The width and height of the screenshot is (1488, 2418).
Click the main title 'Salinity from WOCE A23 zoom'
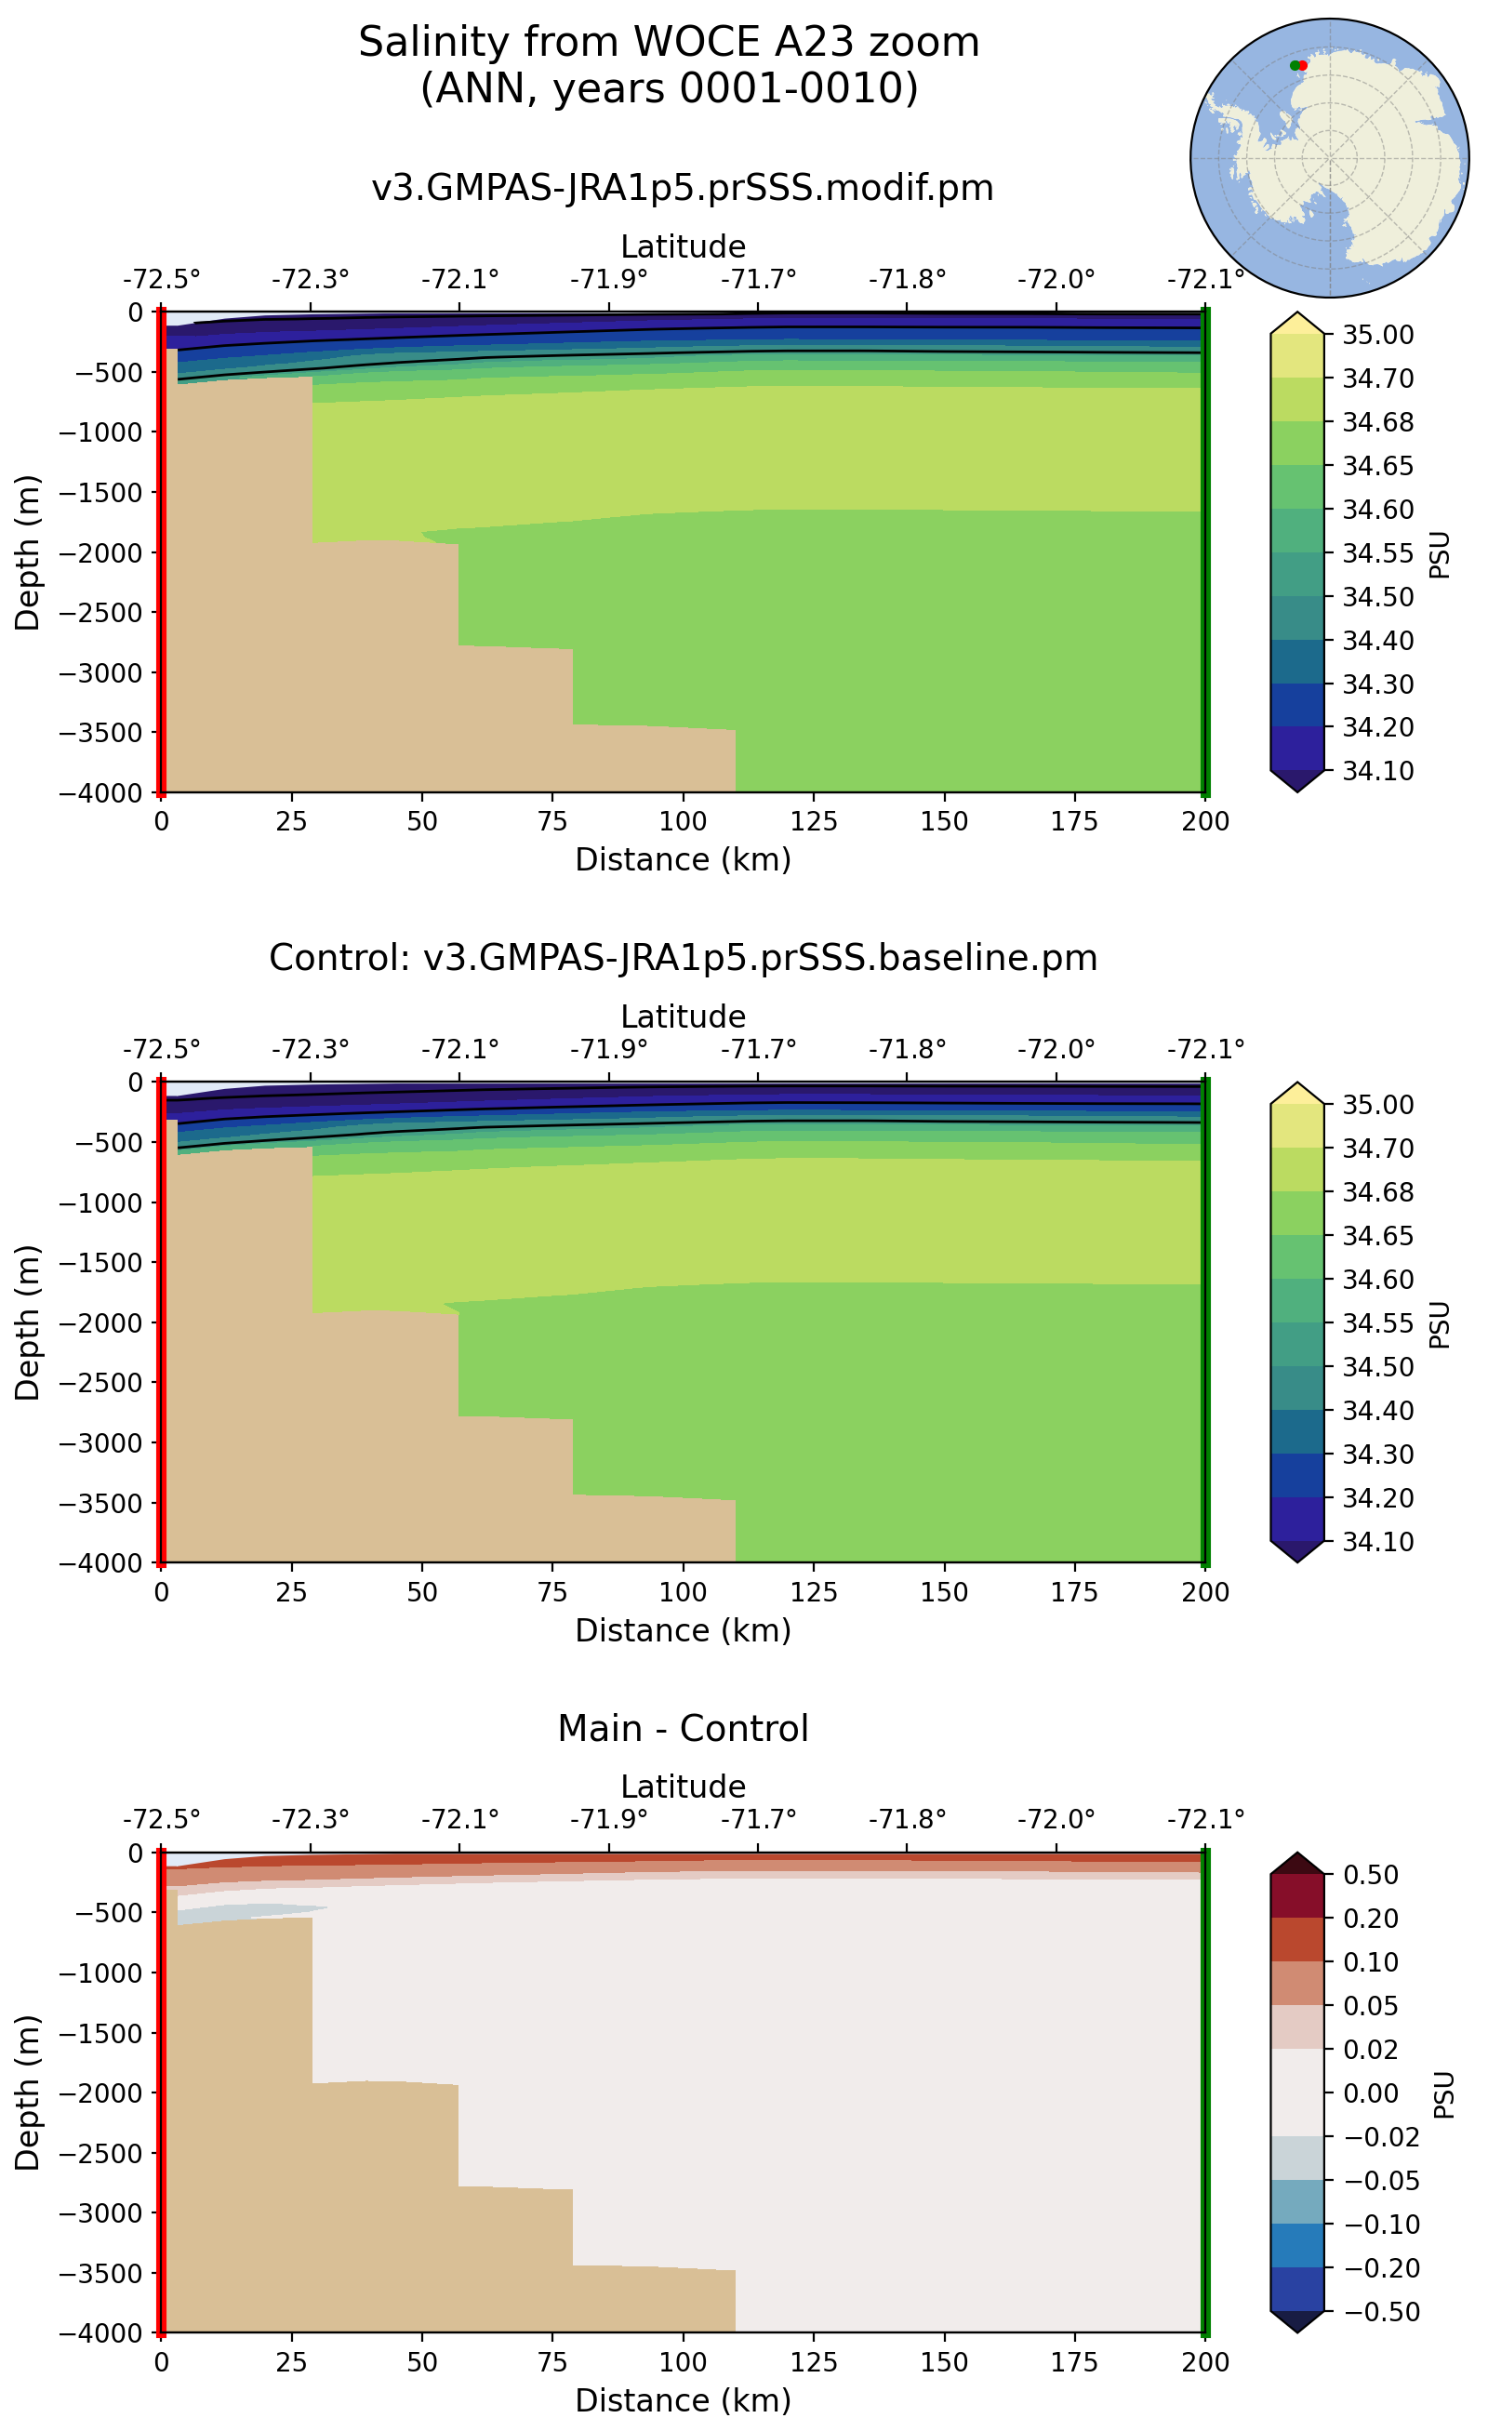point(669,44)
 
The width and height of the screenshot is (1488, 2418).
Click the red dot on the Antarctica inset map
point(1303,65)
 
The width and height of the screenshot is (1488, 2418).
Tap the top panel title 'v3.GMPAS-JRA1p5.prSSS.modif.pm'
point(682,188)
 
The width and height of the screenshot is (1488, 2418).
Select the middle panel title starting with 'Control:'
point(682,958)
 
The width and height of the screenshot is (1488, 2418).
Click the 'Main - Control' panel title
point(682,1729)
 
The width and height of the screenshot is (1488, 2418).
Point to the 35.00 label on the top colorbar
point(1377,335)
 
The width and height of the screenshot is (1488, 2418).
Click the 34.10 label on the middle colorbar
point(1377,1541)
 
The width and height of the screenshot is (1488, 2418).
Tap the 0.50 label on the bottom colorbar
point(1371,1875)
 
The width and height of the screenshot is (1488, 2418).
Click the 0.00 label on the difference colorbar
point(1371,2093)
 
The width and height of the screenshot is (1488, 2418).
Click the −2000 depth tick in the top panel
point(100,552)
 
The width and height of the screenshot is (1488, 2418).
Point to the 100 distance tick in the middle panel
point(683,1592)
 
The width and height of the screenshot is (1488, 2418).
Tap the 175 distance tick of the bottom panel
point(1073,2362)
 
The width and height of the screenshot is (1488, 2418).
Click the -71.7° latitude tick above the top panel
point(758,280)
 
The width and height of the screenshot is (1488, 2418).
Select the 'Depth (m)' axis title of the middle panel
point(28,1322)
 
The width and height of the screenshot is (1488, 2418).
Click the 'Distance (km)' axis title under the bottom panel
point(682,2400)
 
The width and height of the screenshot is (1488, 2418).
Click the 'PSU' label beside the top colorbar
point(1440,554)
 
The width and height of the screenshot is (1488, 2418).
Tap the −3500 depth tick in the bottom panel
point(100,2273)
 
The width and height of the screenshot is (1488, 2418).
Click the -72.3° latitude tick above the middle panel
point(310,1049)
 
